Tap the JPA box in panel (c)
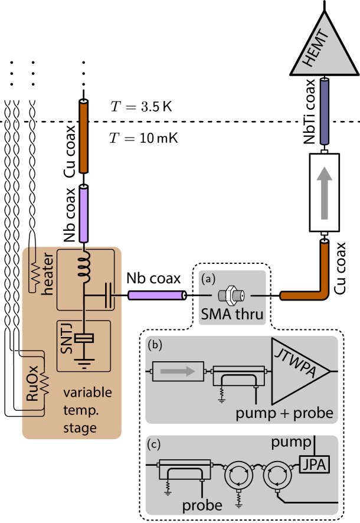[313, 465]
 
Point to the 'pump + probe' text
[284, 413]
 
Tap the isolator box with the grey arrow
[178, 371]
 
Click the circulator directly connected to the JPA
[276, 473]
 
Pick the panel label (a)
[208, 277]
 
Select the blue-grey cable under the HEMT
[324, 112]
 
